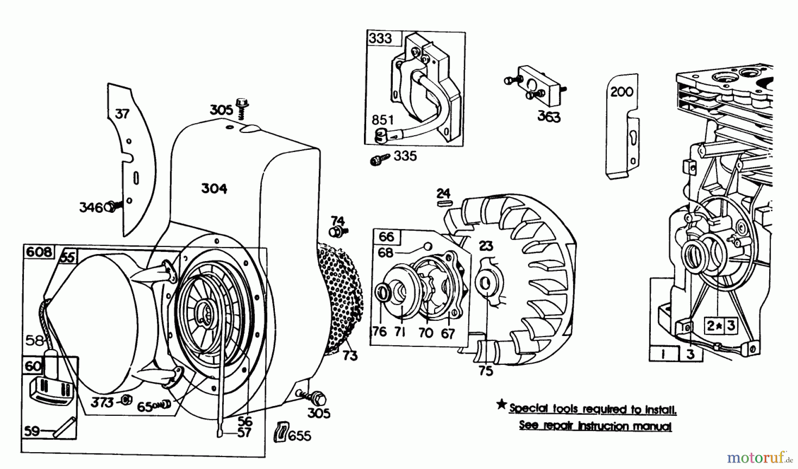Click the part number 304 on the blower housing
(214, 189)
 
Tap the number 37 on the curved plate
(122, 114)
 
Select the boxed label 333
(380, 39)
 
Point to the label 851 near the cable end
(383, 120)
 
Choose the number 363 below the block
(549, 117)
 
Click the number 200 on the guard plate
(622, 92)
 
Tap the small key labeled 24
(443, 203)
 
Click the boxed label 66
(386, 237)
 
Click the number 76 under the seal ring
(379, 331)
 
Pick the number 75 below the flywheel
(486, 371)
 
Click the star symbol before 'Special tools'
(501, 404)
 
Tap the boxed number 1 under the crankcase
(663, 354)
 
